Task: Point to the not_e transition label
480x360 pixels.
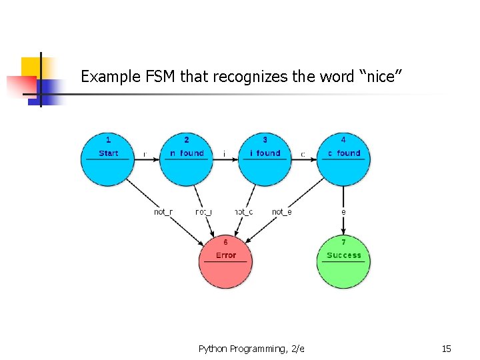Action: click(x=281, y=212)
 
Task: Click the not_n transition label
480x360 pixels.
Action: click(x=163, y=212)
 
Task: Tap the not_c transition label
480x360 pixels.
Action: click(x=243, y=212)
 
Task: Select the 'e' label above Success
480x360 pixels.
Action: click(x=343, y=212)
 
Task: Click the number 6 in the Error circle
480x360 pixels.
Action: click(x=225, y=243)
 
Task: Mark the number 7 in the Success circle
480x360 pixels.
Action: click(x=343, y=243)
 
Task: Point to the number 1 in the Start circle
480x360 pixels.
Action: click(x=108, y=140)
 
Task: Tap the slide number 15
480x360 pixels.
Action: click(x=446, y=349)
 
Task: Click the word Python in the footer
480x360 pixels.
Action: click(x=213, y=349)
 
